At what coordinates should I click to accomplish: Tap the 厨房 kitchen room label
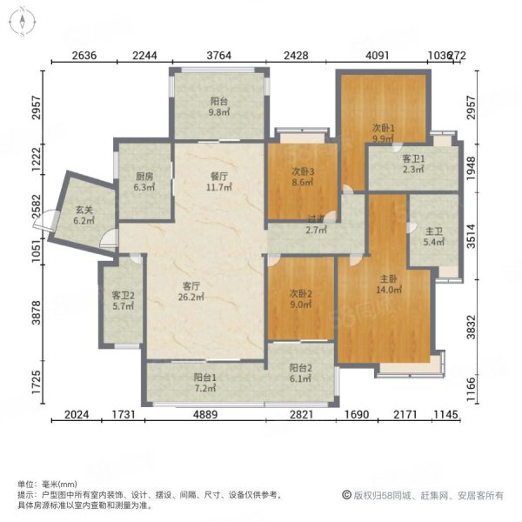pyautogui.click(x=144, y=181)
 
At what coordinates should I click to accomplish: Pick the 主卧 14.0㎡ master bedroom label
pyautogui.click(x=388, y=286)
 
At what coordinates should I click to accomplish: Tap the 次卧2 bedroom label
pyautogui.click(x=300, y=298)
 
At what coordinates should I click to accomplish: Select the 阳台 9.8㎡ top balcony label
pyautogui.click(x=217, y=105)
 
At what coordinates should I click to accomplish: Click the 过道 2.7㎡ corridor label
pyautogui.click(x=315, y=224)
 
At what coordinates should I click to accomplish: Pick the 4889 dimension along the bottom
pyautogui.click(x=205, y=416)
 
